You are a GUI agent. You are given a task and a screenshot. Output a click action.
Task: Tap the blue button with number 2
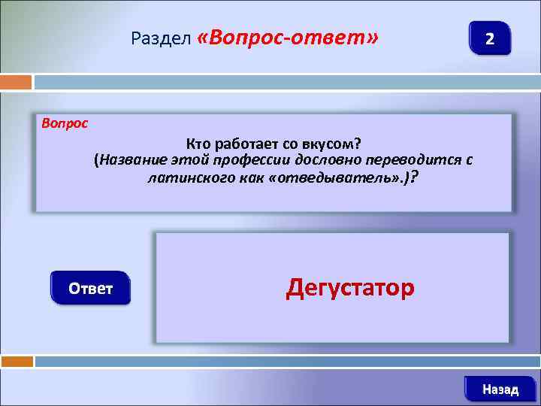click(x=489, y=38)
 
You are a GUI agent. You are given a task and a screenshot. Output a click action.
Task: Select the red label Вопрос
click(x=64, y=123)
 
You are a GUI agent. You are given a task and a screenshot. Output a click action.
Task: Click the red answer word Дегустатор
click(x=349, y=288)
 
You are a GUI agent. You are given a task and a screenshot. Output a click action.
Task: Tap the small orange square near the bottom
click(x=16, y=362)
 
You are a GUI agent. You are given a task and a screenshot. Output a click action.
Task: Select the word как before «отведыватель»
click(x=249, y=178)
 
